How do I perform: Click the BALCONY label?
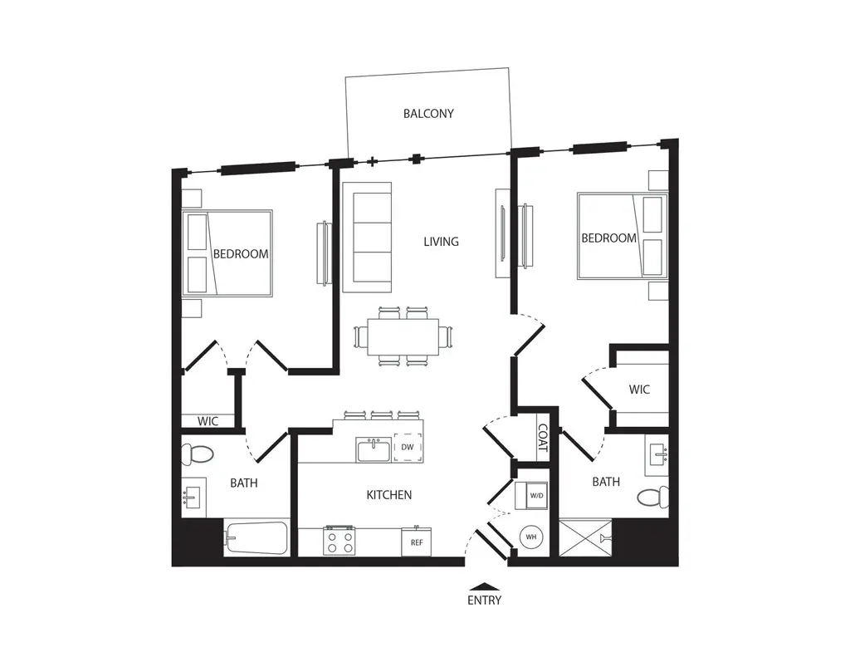(x=428, y=114)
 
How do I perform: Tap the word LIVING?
(x=441, y=242)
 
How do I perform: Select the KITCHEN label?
(x=388, y=495)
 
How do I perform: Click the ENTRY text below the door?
(x=484, y=600)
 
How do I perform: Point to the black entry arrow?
(x=484, y=586)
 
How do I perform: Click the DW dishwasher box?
(x=408, y=447)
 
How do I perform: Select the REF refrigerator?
(x=417, y=542)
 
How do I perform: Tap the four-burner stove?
(x=340, y=541)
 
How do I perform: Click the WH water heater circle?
(x=531, y=537)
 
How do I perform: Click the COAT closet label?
(x=543, y=438)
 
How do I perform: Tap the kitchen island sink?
(x=374, y=450)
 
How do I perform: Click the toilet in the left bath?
(x=197, y=454)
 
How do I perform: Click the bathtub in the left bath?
(x=256, y=538)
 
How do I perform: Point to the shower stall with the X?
(x=585, y=537)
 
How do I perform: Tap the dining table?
(x=403, y=337)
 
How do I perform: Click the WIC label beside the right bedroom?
(x=639, y=389)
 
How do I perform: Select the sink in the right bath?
(x=657, y=456)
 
